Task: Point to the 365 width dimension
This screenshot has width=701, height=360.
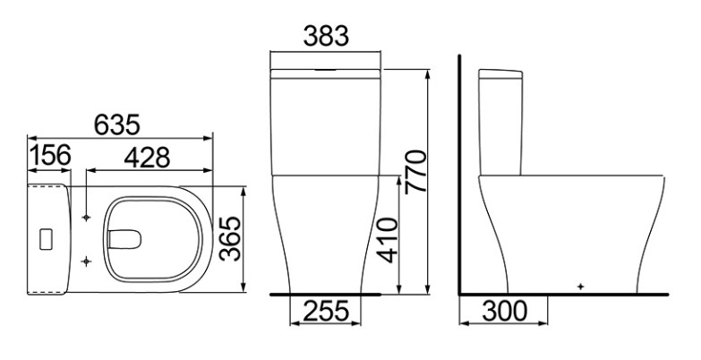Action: (x=232, y=239)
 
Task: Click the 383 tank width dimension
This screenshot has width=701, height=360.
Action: (x=325, y=37)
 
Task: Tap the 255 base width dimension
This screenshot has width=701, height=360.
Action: (x=326, y=313)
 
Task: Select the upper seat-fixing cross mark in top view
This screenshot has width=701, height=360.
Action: (x=86, y=218)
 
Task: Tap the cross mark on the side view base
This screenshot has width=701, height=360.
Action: (x=580, y=286)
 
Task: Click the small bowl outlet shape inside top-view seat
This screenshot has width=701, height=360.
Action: (x=125, y=239)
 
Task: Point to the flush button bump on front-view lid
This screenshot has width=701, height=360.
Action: (x=326, y=68)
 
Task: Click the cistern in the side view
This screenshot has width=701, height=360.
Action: (x=502, y=122)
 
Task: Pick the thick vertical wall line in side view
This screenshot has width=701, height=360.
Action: (x=458, y=170)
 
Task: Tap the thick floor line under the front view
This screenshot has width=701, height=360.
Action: (x=326, y=293)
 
